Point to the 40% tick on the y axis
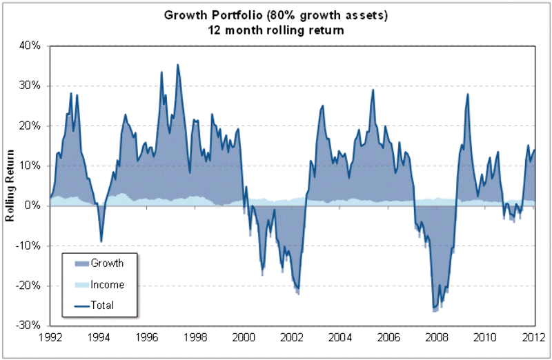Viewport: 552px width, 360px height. (32, 46)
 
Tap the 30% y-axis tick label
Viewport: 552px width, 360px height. (32, 86)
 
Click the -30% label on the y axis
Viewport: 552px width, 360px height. (30, 325)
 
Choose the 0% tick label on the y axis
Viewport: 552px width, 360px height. (34, 206)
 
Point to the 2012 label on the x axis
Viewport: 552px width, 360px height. (535, 338)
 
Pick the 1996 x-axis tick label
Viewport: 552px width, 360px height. (147, 338)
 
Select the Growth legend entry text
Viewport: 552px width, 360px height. (107, 263)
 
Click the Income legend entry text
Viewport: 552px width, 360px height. (107, 284)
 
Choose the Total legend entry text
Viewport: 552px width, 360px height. (102, 305)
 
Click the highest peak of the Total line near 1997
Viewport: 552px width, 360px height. (177, 65)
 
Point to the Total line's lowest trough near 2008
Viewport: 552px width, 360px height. (433, 308)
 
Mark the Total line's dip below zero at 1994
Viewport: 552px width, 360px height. (101, 241)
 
